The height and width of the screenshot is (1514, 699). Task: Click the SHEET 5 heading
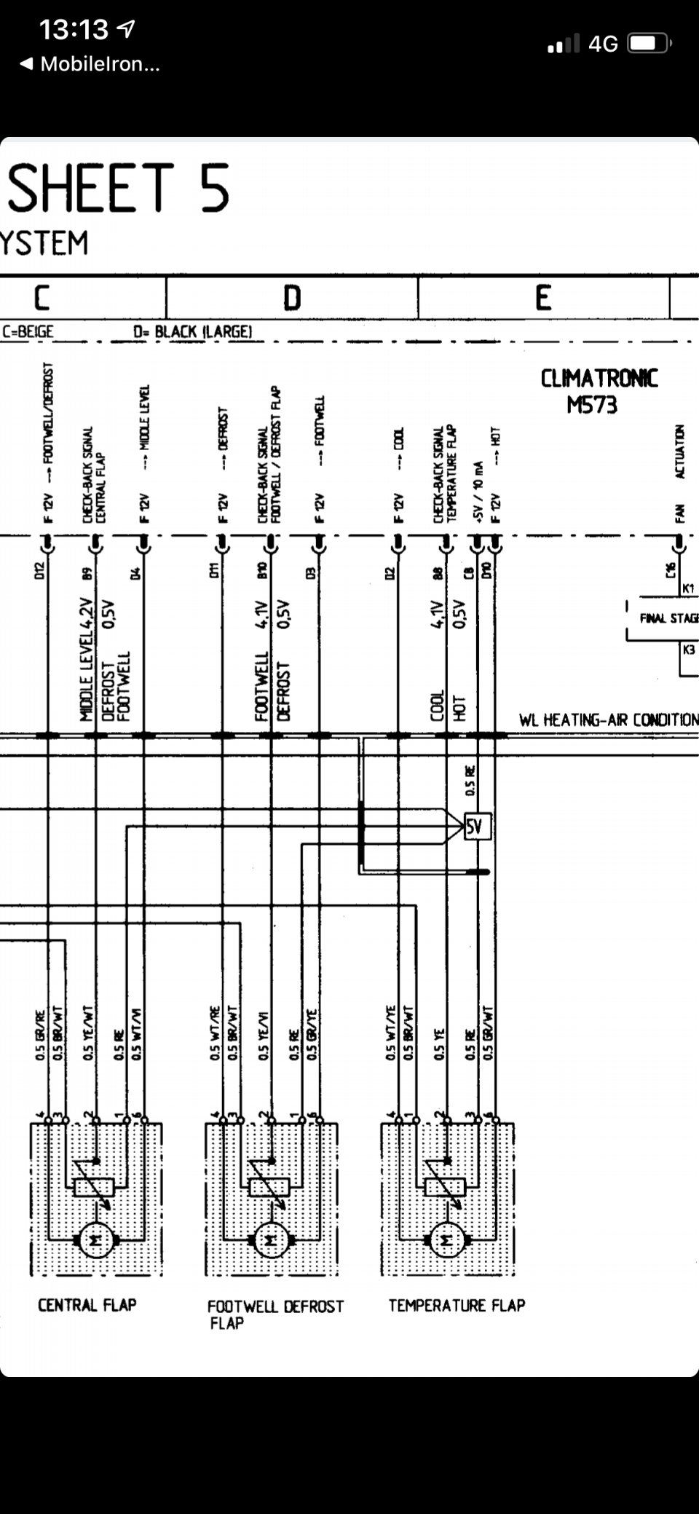coord(119,188)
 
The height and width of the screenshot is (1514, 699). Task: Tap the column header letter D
coord(291,298)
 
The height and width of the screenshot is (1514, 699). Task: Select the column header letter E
coord(542,298)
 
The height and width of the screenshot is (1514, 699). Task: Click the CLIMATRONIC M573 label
coord(599,392)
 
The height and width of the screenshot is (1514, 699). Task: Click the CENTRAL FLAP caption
coord(87,1305)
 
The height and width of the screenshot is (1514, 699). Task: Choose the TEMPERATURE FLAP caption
coord(457,1305)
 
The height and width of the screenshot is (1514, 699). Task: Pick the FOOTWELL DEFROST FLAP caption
coord(275,1314)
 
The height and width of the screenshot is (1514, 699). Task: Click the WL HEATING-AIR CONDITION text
coord(608,720)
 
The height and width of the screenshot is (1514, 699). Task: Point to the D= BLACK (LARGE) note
coord(192,332)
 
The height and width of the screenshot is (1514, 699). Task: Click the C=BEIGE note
coord(28,332)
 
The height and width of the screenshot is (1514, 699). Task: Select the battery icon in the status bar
coord(649,44)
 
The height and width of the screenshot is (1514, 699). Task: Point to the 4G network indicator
coord(602,44)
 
